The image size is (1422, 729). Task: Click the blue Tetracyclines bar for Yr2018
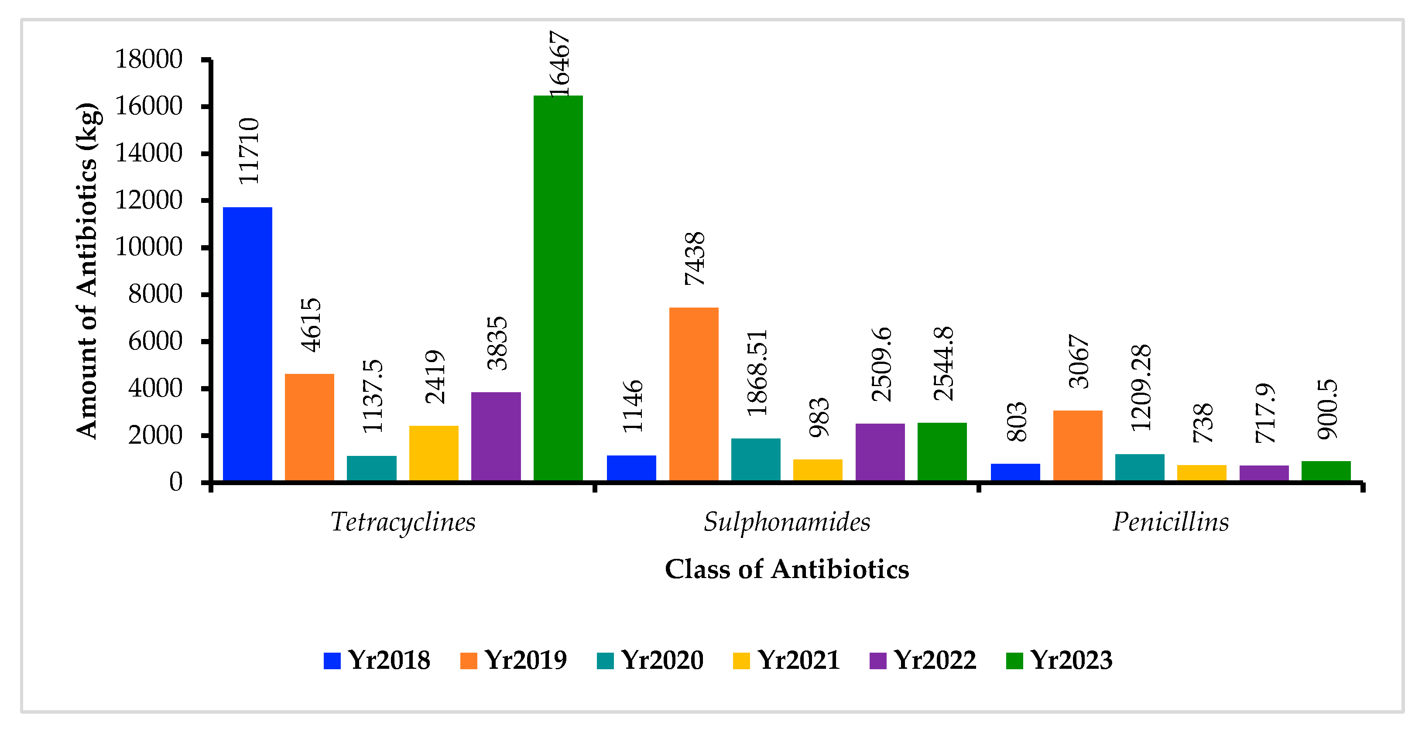(x=247, y=343)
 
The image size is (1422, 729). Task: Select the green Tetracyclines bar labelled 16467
(x=558, y=288)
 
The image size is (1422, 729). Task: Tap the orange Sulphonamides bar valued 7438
(x=693, y=394)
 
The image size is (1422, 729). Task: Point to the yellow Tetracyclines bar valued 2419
(x=433, y=453)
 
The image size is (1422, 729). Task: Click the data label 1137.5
(x=373, y=396)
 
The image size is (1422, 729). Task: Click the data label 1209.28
(x=1141, y=387)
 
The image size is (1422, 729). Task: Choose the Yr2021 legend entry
(x=787, y=660)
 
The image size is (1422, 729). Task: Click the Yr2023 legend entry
(x=1059, y=660)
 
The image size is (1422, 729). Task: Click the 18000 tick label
(x=148, y=59)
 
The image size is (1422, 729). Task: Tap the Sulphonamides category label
(x=787, y=521)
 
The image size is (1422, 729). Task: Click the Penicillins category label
(x=1170, y=521)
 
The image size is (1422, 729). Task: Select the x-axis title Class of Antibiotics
(x=787, y=569)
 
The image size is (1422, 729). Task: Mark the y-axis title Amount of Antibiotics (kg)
(x=87, y=270)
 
